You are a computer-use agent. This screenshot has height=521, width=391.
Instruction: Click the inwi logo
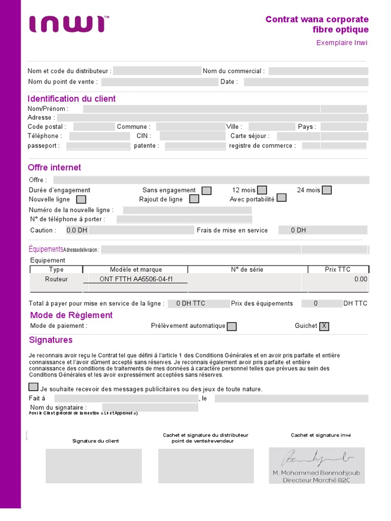pyautogui.click(x=68, y=24)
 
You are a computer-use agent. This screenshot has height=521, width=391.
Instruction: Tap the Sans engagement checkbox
pyautogui.click(x=207, y=190)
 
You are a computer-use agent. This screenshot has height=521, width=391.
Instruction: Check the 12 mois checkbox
pyautogui.click(x=262, y=190)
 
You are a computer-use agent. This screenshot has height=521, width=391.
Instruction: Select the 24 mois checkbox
pyautogui.click(x=327, y=190)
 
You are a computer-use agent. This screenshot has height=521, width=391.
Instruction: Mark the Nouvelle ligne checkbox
pyautogui.click(x=81, y=199)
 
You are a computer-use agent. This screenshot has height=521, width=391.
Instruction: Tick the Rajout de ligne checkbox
pyautogui.click(x=193, y=199)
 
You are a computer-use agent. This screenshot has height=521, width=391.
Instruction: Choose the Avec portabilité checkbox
pyautogui.click(x=282, y=198)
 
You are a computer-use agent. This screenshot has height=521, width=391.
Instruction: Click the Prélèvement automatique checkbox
pyautogui.click(x=232, y=327)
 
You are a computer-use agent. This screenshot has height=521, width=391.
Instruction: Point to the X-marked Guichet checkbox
pyautogui.click(x=324, y=327)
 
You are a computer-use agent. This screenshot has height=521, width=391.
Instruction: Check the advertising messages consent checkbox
pyautogui.click(x=34, y=387)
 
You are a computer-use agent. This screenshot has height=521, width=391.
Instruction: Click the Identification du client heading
pyautogui.click(x=72, y=99)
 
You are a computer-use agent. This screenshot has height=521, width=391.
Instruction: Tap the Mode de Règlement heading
pyautogui.click(x=71, y=315)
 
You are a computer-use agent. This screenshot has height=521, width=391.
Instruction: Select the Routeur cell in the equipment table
pyautogui.click(x=56, y=279)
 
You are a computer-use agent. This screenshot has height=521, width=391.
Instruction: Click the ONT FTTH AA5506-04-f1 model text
pyautogui.click(x=136, y=279)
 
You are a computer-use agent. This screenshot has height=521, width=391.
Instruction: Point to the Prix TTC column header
pyautogui.click(x=338, y=270)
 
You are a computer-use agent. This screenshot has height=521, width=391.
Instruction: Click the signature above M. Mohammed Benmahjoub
pyautogui.click(x=314, y=458)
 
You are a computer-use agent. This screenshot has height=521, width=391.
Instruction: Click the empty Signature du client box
pyautogui.click(x=94, y=466)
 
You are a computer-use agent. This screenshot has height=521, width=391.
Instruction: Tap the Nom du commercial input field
pyautogui.click(x=318, y=71)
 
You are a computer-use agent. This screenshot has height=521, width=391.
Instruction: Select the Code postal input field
pyautogui.click(x=94, y=127)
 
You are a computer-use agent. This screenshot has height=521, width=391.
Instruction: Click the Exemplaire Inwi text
pyautogui.click(x=342, y=43)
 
